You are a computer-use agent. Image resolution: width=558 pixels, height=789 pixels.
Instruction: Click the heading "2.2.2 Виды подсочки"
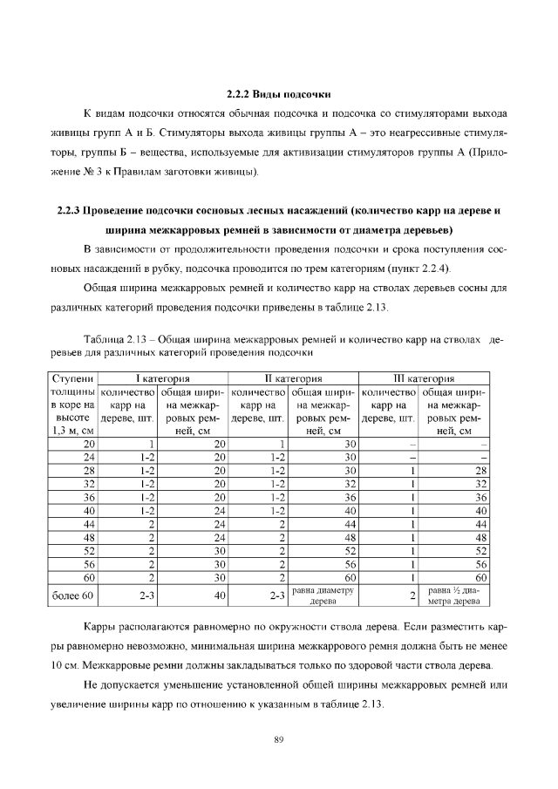(278, 93)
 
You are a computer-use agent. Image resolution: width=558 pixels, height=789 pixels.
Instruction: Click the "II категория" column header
(293, 378)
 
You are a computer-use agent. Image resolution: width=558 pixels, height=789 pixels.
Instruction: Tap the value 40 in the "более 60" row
(220, 595)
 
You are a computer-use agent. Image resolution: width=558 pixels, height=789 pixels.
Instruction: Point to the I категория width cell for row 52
(220, 549)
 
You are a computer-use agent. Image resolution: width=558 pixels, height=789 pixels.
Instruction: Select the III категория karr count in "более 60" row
(412, 595)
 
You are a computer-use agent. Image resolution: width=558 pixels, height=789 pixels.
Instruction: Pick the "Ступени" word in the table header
(71, 378)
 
